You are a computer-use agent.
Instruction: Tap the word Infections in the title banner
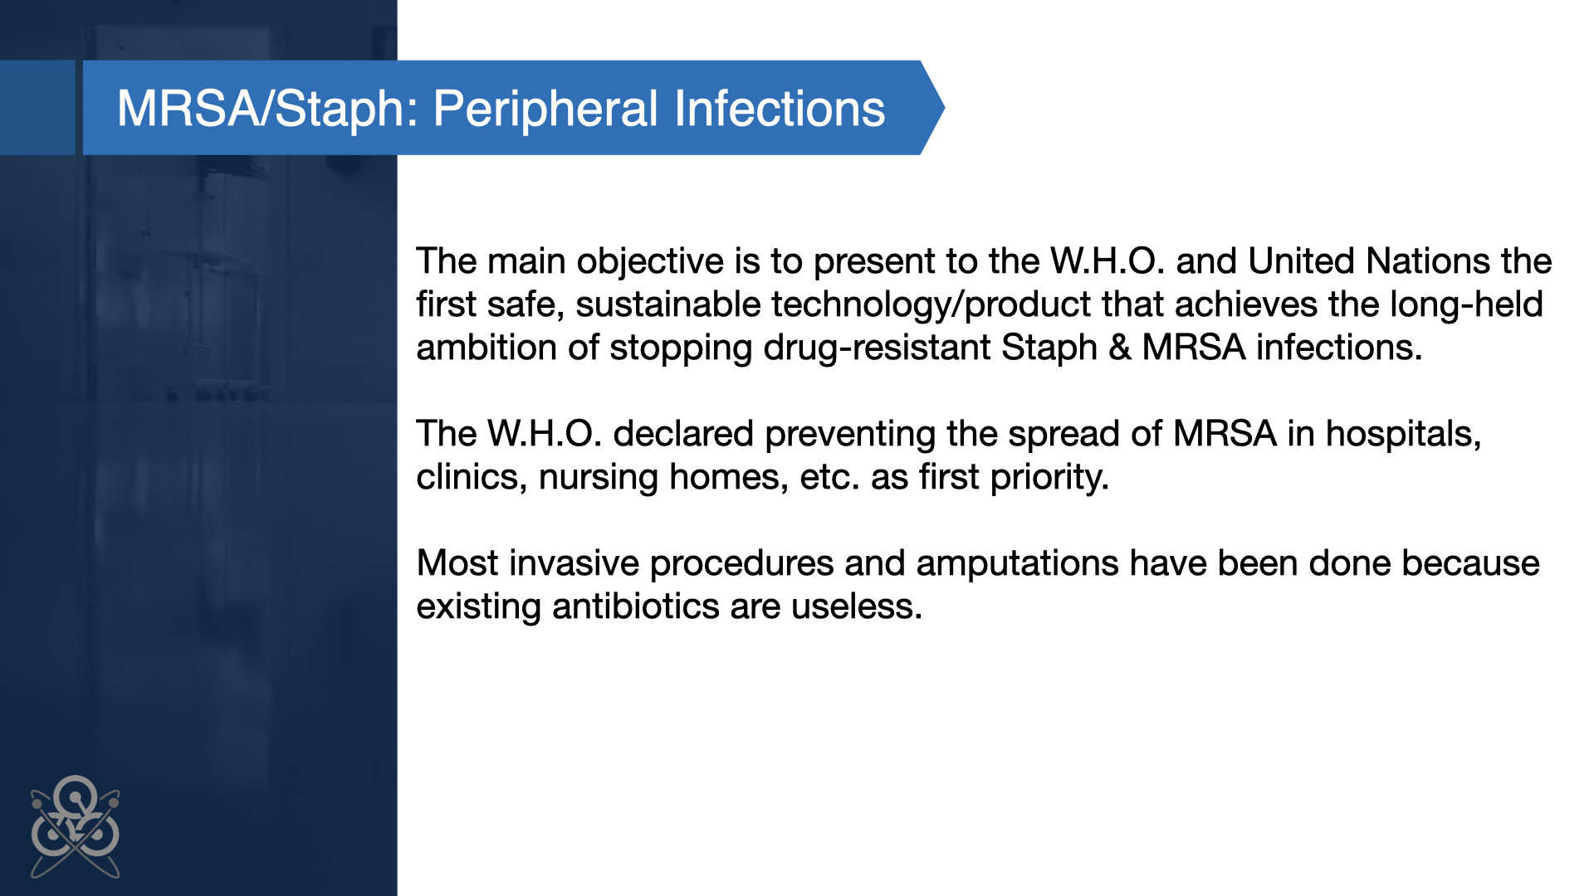(x=780, y=109)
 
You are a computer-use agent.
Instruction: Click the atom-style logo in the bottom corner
(x=76, y=826)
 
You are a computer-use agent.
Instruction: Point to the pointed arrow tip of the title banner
(x=945, y=107)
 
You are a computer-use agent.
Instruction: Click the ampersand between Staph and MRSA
(x=1120, y=348)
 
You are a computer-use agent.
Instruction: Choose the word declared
(x=683, y=434)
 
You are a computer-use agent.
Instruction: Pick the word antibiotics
(x=636, y=606)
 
